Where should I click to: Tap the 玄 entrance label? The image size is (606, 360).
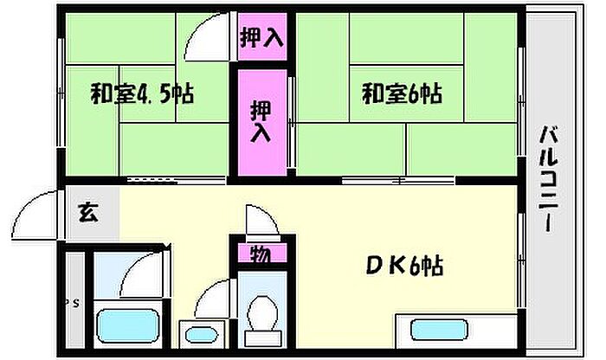[x=87, y=212]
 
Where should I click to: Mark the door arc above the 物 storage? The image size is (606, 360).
[x=261, y=221]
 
